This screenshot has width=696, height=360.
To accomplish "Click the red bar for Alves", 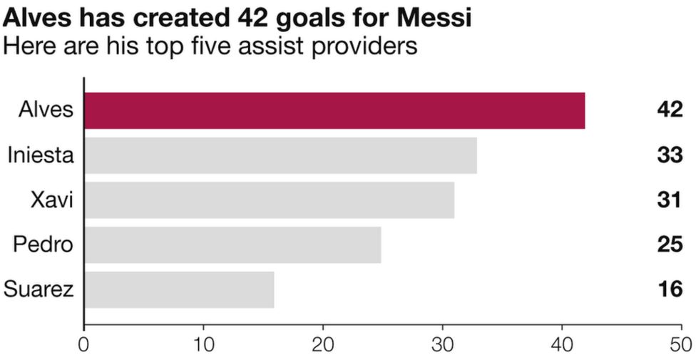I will coord(334,110).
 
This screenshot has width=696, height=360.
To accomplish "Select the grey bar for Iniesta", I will coord(280,155).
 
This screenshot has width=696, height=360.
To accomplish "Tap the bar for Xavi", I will coord(269,200).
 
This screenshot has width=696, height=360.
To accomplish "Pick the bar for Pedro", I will coord(232,245).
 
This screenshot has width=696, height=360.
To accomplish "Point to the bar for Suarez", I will coord(179,289).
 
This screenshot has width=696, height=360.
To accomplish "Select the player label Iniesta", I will coord(41,155).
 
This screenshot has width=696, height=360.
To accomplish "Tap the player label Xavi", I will coord(52,200).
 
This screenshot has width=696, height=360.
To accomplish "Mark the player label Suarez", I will coord(39,289).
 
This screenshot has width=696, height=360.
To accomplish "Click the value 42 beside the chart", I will coord(670,110).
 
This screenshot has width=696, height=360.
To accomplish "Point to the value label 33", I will coord(670,155).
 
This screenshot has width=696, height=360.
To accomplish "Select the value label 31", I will coord(670,200).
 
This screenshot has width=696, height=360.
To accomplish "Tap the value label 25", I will coord(670,245).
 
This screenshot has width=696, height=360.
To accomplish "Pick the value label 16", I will coord(670,289).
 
